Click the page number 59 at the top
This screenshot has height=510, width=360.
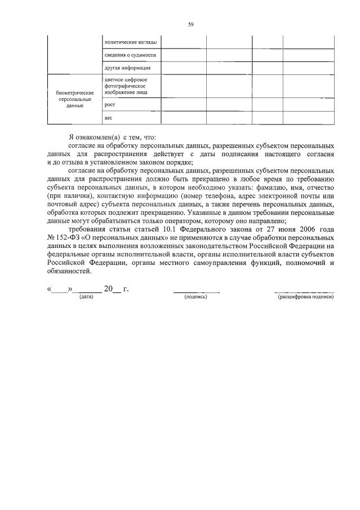[x=191, y=25]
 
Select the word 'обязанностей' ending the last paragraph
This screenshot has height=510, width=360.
[x=69, y=270]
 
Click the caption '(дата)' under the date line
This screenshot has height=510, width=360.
[x=86, y=296]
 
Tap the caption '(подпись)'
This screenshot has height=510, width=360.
[x=195, y=296]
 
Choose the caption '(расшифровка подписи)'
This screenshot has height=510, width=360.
[x=305, y=296]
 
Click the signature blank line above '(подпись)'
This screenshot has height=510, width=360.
[x=195, y=290]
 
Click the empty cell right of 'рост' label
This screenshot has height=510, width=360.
[x=183, y=104]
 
